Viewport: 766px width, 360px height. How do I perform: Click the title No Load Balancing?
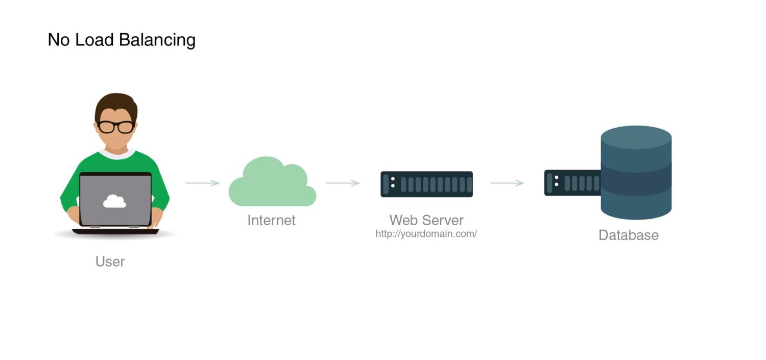122,40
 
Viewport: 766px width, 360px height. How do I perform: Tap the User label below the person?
110,261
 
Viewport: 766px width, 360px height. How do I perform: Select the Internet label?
271,220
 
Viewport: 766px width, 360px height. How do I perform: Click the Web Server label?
426,220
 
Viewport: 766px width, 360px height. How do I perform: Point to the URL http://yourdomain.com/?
426,234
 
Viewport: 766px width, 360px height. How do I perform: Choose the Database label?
628,235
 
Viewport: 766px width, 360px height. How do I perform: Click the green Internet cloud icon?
272,184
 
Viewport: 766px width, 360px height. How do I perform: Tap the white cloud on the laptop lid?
114,201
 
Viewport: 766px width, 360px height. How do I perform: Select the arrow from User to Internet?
202,183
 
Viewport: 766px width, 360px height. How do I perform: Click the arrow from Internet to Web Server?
343,183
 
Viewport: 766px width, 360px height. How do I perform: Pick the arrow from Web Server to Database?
507,183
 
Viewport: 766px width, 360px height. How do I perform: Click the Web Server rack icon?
426,184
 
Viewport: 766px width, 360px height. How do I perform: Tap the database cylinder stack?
636,174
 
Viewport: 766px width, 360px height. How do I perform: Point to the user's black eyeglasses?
116,127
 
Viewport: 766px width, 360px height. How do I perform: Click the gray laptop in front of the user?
115,200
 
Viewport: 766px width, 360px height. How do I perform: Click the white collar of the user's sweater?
116,153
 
